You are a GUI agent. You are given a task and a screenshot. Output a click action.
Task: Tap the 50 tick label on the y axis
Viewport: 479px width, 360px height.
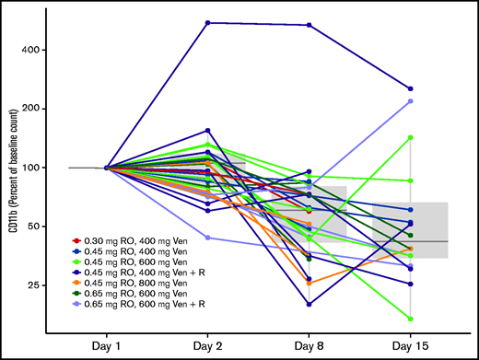coord(53,226)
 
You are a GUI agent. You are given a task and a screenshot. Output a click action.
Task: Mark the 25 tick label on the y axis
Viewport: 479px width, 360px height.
coord(53,285)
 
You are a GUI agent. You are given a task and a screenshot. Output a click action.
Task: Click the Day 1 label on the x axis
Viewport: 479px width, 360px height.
coord(107,342)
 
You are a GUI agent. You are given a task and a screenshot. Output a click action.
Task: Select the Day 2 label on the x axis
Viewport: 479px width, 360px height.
coord(208,342)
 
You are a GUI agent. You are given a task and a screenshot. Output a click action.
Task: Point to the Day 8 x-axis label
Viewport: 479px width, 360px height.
coord(310,342)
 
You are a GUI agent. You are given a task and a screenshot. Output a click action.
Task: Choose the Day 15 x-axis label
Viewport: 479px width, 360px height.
coord(411,342)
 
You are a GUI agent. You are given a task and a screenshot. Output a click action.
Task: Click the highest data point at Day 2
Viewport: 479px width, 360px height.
coord(208,22)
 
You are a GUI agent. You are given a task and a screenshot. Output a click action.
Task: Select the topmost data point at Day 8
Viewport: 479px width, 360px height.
coord(310,25)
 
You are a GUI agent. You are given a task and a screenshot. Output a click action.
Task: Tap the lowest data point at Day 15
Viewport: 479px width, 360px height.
coord(411,319)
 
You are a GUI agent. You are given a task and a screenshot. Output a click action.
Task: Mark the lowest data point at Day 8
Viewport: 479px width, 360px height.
coord(310,304)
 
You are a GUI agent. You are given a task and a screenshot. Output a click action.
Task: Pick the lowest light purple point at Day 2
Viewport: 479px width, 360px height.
coord(208,238)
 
